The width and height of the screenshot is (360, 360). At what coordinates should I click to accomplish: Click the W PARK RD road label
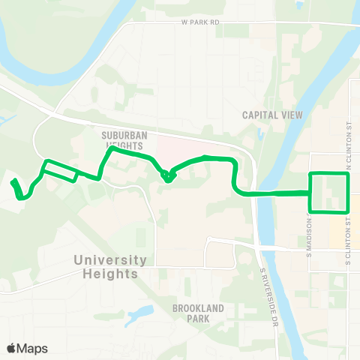pyautogui.click(x=200, y=23)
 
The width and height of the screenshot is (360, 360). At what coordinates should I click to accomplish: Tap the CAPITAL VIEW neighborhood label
pyautogui.click(x=271, y=115)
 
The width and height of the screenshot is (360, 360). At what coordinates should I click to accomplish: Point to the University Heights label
pyautogui.click(x=111, y=266)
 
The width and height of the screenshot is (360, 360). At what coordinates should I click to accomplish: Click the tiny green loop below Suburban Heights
pyautogui.click(x=168, y=177)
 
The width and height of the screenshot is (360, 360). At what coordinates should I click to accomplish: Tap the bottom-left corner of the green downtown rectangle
pyautogui.click(x=311, y=211)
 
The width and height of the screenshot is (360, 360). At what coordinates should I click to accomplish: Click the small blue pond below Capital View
pyautogui.click(x=260, y=136)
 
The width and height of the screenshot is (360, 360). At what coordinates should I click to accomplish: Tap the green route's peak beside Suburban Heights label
pyautogui.click(x=112, y=148)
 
